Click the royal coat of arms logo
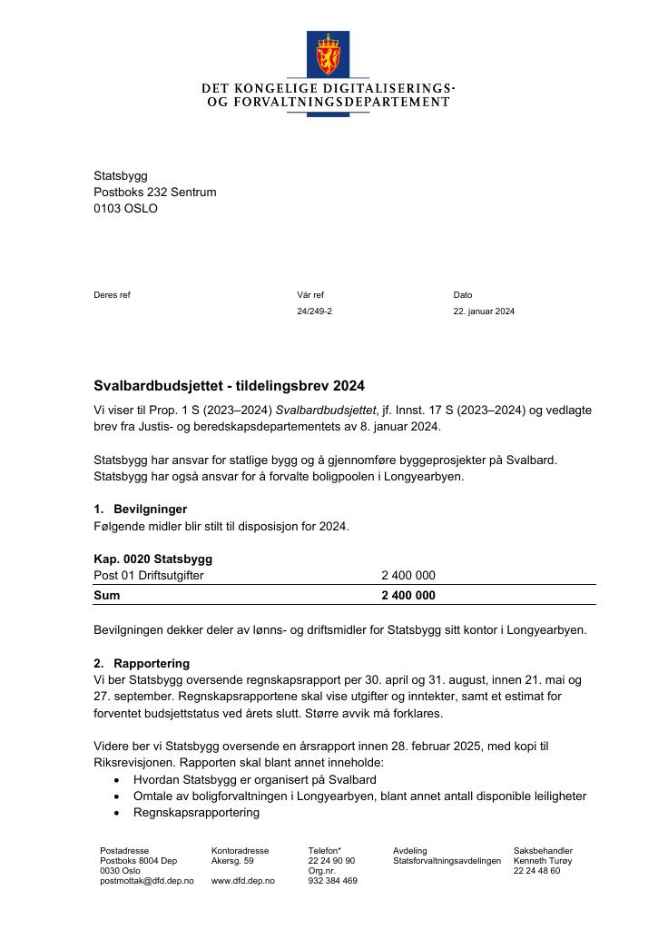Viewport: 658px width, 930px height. tap(328, 54)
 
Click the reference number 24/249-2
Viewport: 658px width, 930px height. tap(314, 312)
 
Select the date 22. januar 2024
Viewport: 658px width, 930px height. tap(484, 312)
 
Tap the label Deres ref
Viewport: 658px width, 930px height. tap(112, 295)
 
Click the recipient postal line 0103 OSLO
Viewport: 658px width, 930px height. tap(125, 209)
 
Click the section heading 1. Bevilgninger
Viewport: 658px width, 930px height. tap(141, 509)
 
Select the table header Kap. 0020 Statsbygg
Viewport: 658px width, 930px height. tap(152, 559)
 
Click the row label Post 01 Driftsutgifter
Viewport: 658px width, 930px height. tap(149, 576)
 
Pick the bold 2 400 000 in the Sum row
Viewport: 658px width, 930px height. tap(408, 596)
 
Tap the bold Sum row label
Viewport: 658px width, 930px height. tap(106, 596)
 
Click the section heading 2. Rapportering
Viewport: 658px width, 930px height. tap(142, 663)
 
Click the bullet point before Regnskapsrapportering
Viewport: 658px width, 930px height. tap(116, 813)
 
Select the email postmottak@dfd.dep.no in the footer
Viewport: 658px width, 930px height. tap(146, 881)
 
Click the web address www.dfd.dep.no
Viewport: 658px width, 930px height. tap(242, 881)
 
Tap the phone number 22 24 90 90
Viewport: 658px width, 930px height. tap(331, 860)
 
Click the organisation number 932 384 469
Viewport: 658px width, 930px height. tap(332, 881)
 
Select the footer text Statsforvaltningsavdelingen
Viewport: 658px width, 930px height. tap(447, 860)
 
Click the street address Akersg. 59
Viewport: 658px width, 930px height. tap(232, 860)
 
